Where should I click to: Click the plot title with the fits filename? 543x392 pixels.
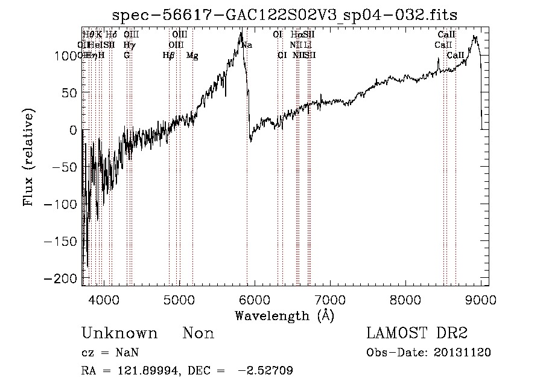tap(285, 16)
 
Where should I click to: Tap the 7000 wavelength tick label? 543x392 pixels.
tap(330, 299)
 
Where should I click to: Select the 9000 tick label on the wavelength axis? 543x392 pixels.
tap(481, 299)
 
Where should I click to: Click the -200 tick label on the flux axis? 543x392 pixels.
tap(64, 278)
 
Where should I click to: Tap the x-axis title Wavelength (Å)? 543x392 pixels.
tap(284, 315)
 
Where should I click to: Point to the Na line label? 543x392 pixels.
tap(247, 45)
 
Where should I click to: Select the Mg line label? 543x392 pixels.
tap(192, 56)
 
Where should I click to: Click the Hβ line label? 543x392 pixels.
tap(168, 56)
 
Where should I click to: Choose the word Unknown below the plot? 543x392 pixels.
tap(119, 333)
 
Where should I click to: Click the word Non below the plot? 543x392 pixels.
tap(198, 333)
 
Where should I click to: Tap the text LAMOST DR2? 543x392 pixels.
tap(417, 333)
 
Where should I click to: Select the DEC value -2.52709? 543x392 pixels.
tap(266, 371)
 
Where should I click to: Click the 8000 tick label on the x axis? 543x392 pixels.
tap(405, 299)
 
